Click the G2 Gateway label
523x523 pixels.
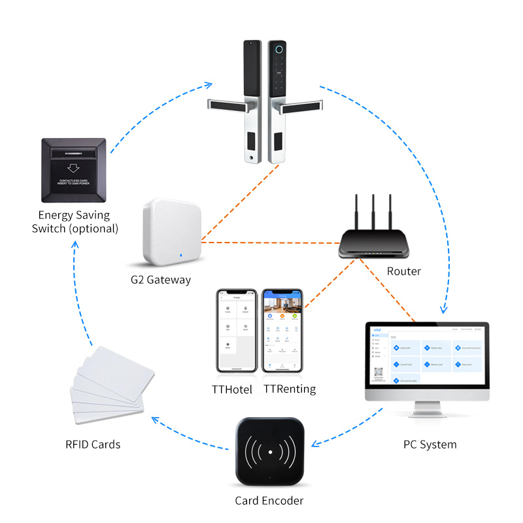click(x=160, y=280)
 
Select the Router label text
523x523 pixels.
click(x=403, y=271)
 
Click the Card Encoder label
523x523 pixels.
click(x=269, y=501)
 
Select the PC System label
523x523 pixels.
click(x=430, y=445)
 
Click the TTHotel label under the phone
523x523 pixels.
click(x=234, y=389)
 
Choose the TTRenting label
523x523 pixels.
click(x=290, y=389)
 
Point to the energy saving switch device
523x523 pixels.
click(x=73, y=168)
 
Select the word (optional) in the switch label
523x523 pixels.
click(x=96, y=229)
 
